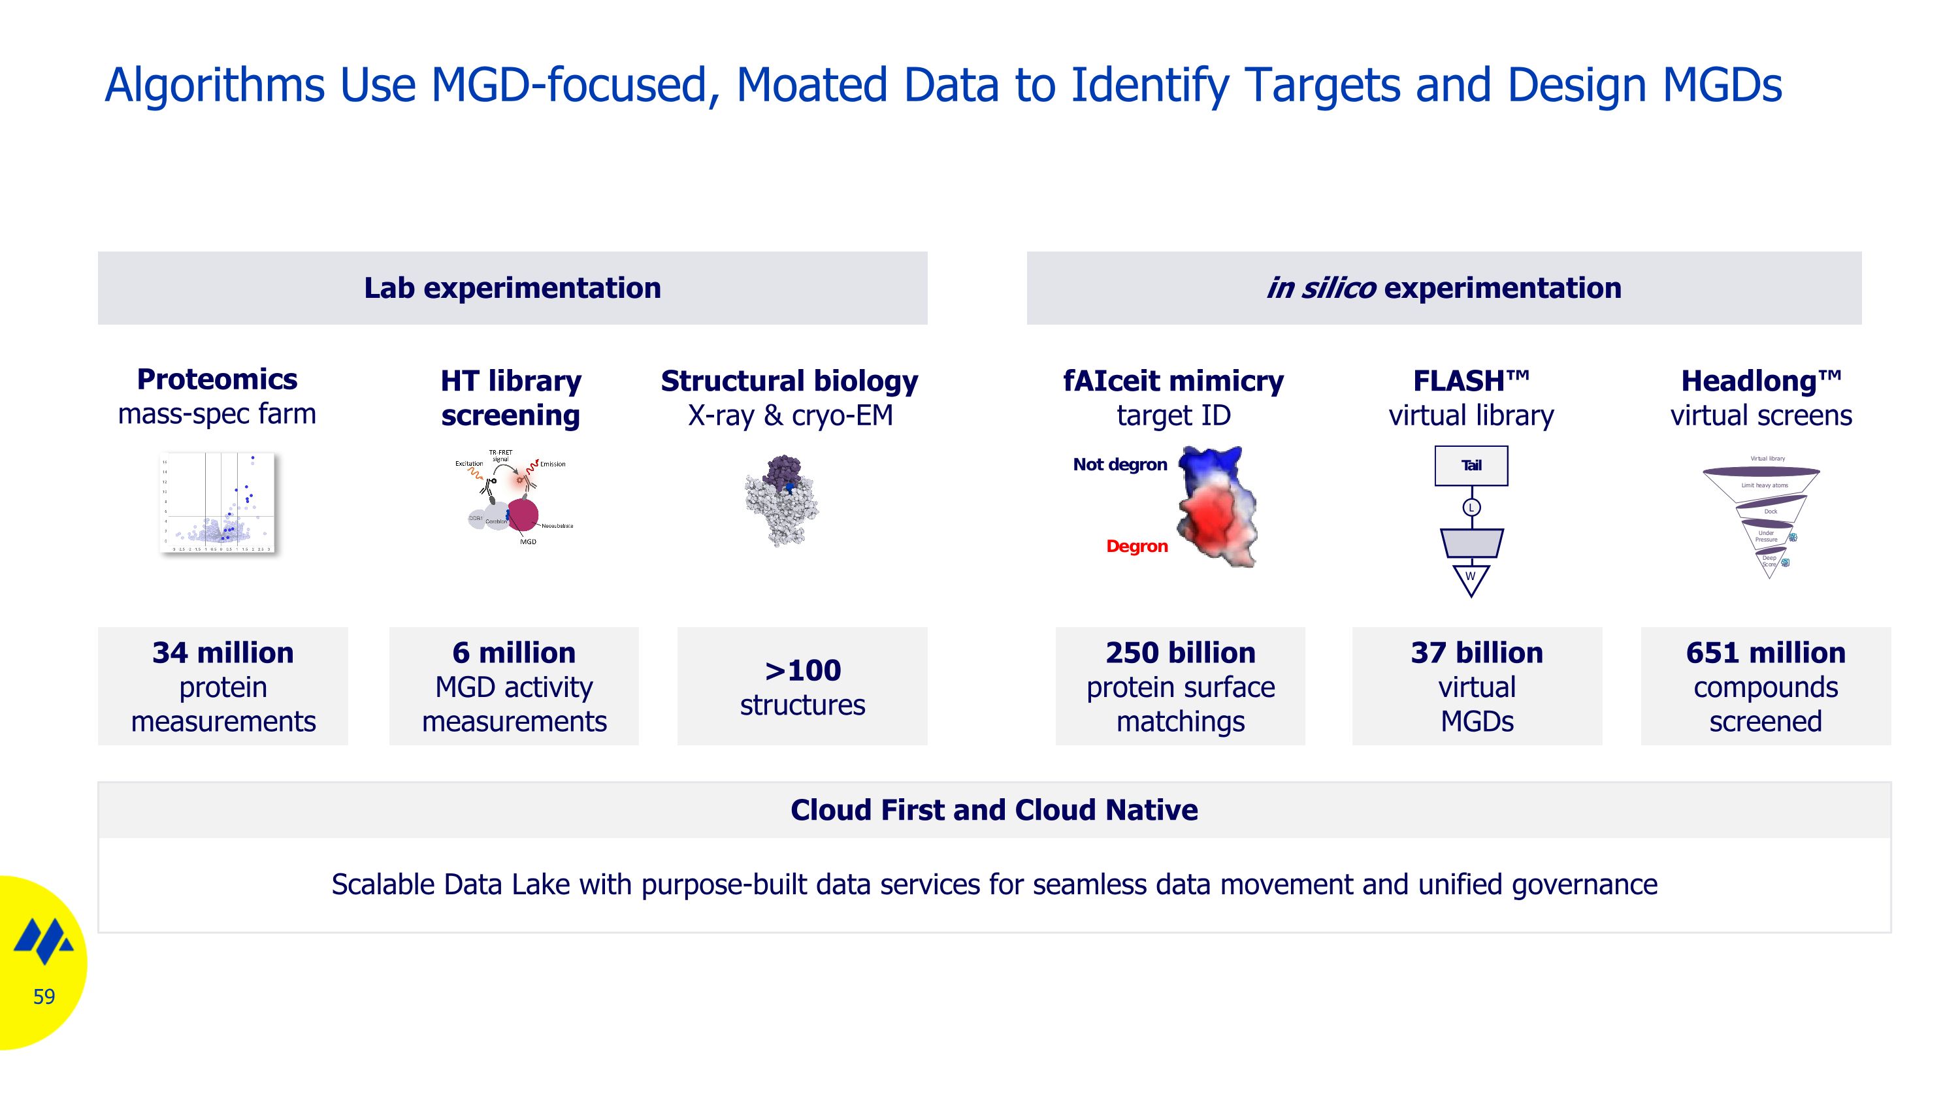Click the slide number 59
(x=44, y=996)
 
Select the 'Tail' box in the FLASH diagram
(x=1471, y=466)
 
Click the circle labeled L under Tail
(x=1471, y=508)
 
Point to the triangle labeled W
(x=1471, y=578)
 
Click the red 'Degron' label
(x=1137, y=546)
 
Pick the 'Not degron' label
(x=1119, y=464)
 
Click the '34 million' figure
(x=223, y=653)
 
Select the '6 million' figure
(x=514, y=653)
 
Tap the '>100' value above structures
(x=803, y=670)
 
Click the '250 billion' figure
(x=1180, y=653)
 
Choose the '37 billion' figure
(x=1477, y=653)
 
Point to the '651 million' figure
(x=1765, y=653)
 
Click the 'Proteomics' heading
(x=217, y=379)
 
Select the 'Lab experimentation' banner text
(x=512, y=288)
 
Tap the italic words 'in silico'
(x=1320, y=288)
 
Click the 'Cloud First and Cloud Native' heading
(x=994, y=810)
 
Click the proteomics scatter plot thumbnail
(x=218, y=502)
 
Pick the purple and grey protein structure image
(x=781, y=500)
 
